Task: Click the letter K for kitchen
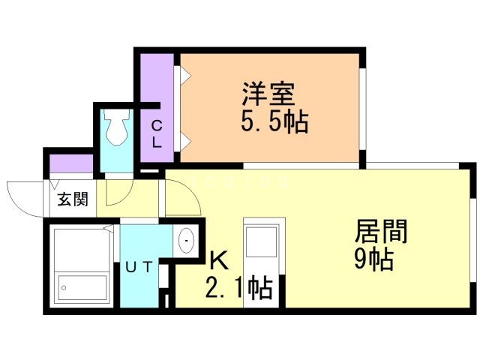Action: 218,259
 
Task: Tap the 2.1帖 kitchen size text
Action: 238,286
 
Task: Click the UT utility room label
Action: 142,266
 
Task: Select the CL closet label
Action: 157,133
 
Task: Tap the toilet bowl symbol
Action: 117,128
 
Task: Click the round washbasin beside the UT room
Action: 186,241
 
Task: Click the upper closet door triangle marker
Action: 183,74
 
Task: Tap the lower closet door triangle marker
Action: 183,140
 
